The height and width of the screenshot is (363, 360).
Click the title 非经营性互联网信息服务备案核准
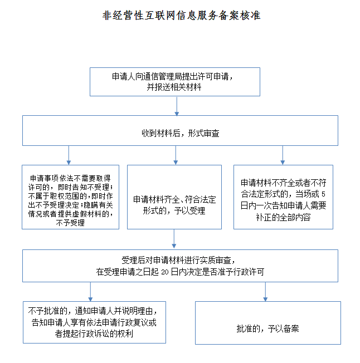(181, 16)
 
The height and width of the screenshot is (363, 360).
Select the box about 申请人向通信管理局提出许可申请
(175, 82)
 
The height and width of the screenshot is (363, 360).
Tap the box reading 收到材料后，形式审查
(180, 131)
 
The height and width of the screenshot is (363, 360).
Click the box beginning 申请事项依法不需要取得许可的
(70, 197)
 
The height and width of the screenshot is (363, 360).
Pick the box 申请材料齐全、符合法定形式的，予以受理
(174, 197)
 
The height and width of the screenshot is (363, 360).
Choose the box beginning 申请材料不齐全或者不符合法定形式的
(283, 197)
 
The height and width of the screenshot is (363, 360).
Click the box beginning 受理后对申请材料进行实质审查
(180, 266)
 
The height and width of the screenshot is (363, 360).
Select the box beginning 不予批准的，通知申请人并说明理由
(94, 322)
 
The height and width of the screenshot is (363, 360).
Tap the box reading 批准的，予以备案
(268, 323)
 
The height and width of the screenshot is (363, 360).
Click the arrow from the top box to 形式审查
(177, 106)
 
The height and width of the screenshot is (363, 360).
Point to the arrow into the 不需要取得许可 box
(69, 155)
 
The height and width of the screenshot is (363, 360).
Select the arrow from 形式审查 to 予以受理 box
(176, 155)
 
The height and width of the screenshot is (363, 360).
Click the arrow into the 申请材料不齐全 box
(283, 155)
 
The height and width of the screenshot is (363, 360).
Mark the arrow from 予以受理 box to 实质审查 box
(174, 239)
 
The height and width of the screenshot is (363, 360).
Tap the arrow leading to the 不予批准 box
(90, 292)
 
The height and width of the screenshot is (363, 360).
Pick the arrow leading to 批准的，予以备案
(265, 292)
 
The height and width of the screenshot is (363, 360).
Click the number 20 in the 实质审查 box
(165, 272)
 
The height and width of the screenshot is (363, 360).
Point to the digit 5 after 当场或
(323, 194)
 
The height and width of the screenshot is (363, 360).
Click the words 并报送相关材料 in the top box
(174, 87)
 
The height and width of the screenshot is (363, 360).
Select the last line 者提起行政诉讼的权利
(94, 333)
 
